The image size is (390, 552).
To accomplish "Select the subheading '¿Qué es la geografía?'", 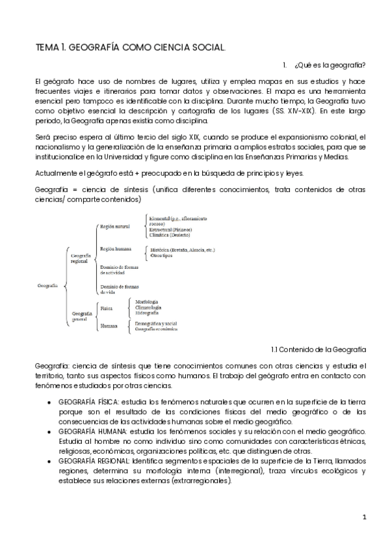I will click(x=330, y=65).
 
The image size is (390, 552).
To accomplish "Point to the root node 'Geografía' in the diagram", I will click(x=47, y=285).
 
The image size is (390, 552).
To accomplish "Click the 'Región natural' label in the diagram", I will click(x=113, y=227).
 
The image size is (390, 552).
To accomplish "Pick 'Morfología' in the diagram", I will click(x=148, y=301).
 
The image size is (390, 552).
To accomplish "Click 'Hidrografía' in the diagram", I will click(x=149, y=313).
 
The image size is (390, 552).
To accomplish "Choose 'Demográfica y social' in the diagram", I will click(x=155, y=323).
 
